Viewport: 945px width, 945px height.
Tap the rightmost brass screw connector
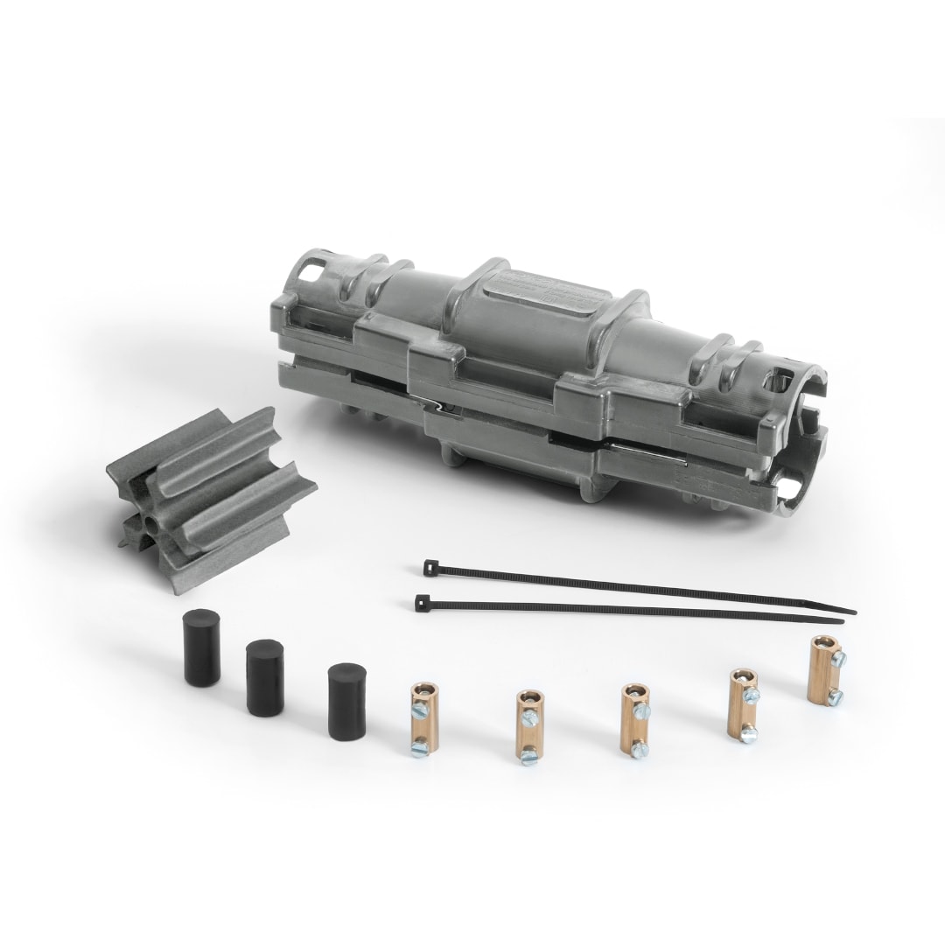823,669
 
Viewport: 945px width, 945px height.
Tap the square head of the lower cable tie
422,603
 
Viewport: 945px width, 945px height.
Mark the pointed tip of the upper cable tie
854,612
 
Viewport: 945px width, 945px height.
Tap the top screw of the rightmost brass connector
836,656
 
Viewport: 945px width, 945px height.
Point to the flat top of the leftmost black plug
199,620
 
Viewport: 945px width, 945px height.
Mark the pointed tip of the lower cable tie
842,622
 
